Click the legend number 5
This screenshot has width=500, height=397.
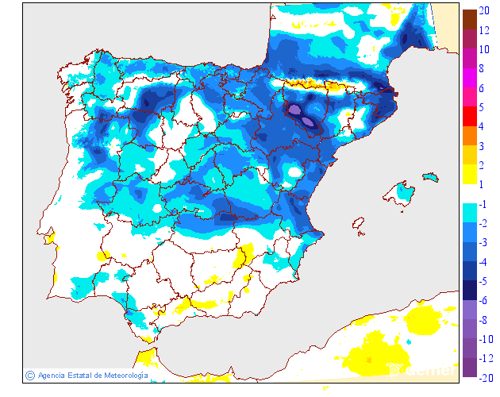click(x=482, y=107)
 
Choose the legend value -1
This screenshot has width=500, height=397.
click(x=483, y=204)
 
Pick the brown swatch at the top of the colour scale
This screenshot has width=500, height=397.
click(x=469, y=17)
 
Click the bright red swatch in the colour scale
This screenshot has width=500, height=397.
click(x=469, y=116)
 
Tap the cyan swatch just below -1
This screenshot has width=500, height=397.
click(x=469, y=214)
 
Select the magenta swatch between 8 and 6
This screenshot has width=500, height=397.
click(x=469, y=78)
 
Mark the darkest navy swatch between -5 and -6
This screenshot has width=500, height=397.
click(x=469, y=291)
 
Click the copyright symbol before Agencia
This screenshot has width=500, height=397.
click(x=30, y=375)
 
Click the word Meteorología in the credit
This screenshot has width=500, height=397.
click(x=121, y=375)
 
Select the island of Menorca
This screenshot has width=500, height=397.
click(x=431, y=175)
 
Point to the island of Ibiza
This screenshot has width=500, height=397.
click(x=360, y=225)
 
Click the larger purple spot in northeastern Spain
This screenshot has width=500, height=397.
click(x=294, y=109)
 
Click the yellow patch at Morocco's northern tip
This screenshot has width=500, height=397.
click(x=146, y=357)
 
